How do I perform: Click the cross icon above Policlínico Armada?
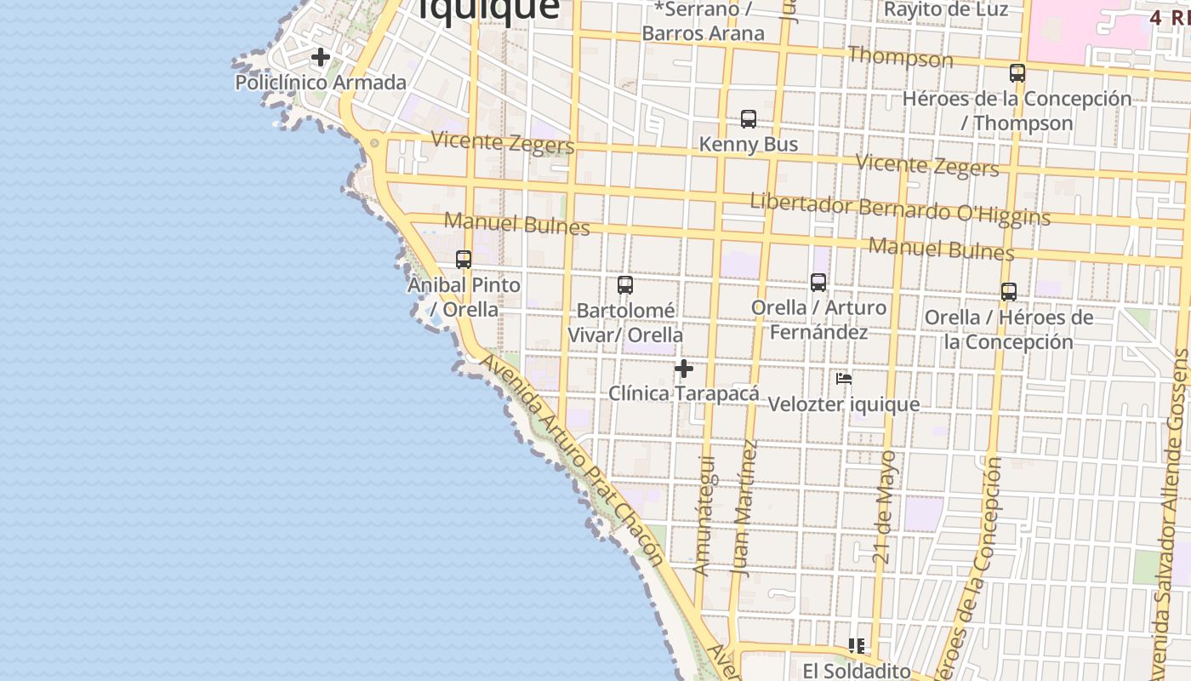pyautogui.click(x=320, y=58)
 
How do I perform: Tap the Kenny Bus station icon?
pyautogui.click(x=749, y=119)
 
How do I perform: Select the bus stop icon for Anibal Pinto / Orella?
pyautogui.click(x=464, y=260)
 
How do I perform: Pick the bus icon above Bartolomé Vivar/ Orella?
pyautogui.click(x=625, y=285)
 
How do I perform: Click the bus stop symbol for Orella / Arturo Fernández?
pyautogui.click(x=818, y=283)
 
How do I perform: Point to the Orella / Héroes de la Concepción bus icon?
pyautogui.click(x=1009, y=292)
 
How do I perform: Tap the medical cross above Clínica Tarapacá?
pyautogui.click(x=684, y=369)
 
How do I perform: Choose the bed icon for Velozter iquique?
pyautogui.click(x=844, y=379)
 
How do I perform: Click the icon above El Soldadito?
pyautogui.click(x=856, y=646)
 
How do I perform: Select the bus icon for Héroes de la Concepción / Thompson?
pyautogui.click(x=1017, y=73)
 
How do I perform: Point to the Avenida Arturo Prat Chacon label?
pyautogui.click(x=572, y=461)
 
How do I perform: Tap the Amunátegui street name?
pyautogui.click(x=704, y=516)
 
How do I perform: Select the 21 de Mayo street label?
pyautogui.click(x=885, y=507)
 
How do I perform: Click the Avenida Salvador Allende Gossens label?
pyautogui.click(x=1169, y=511)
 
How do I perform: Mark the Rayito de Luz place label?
pyautogui.click(x=946, y=9)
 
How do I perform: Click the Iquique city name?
pyautogui.click(x=488, y=9)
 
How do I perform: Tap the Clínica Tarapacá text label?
pyautogui.click(x=684, y=393)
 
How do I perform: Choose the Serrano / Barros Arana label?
pyautogui.click(x=704, y=21)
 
